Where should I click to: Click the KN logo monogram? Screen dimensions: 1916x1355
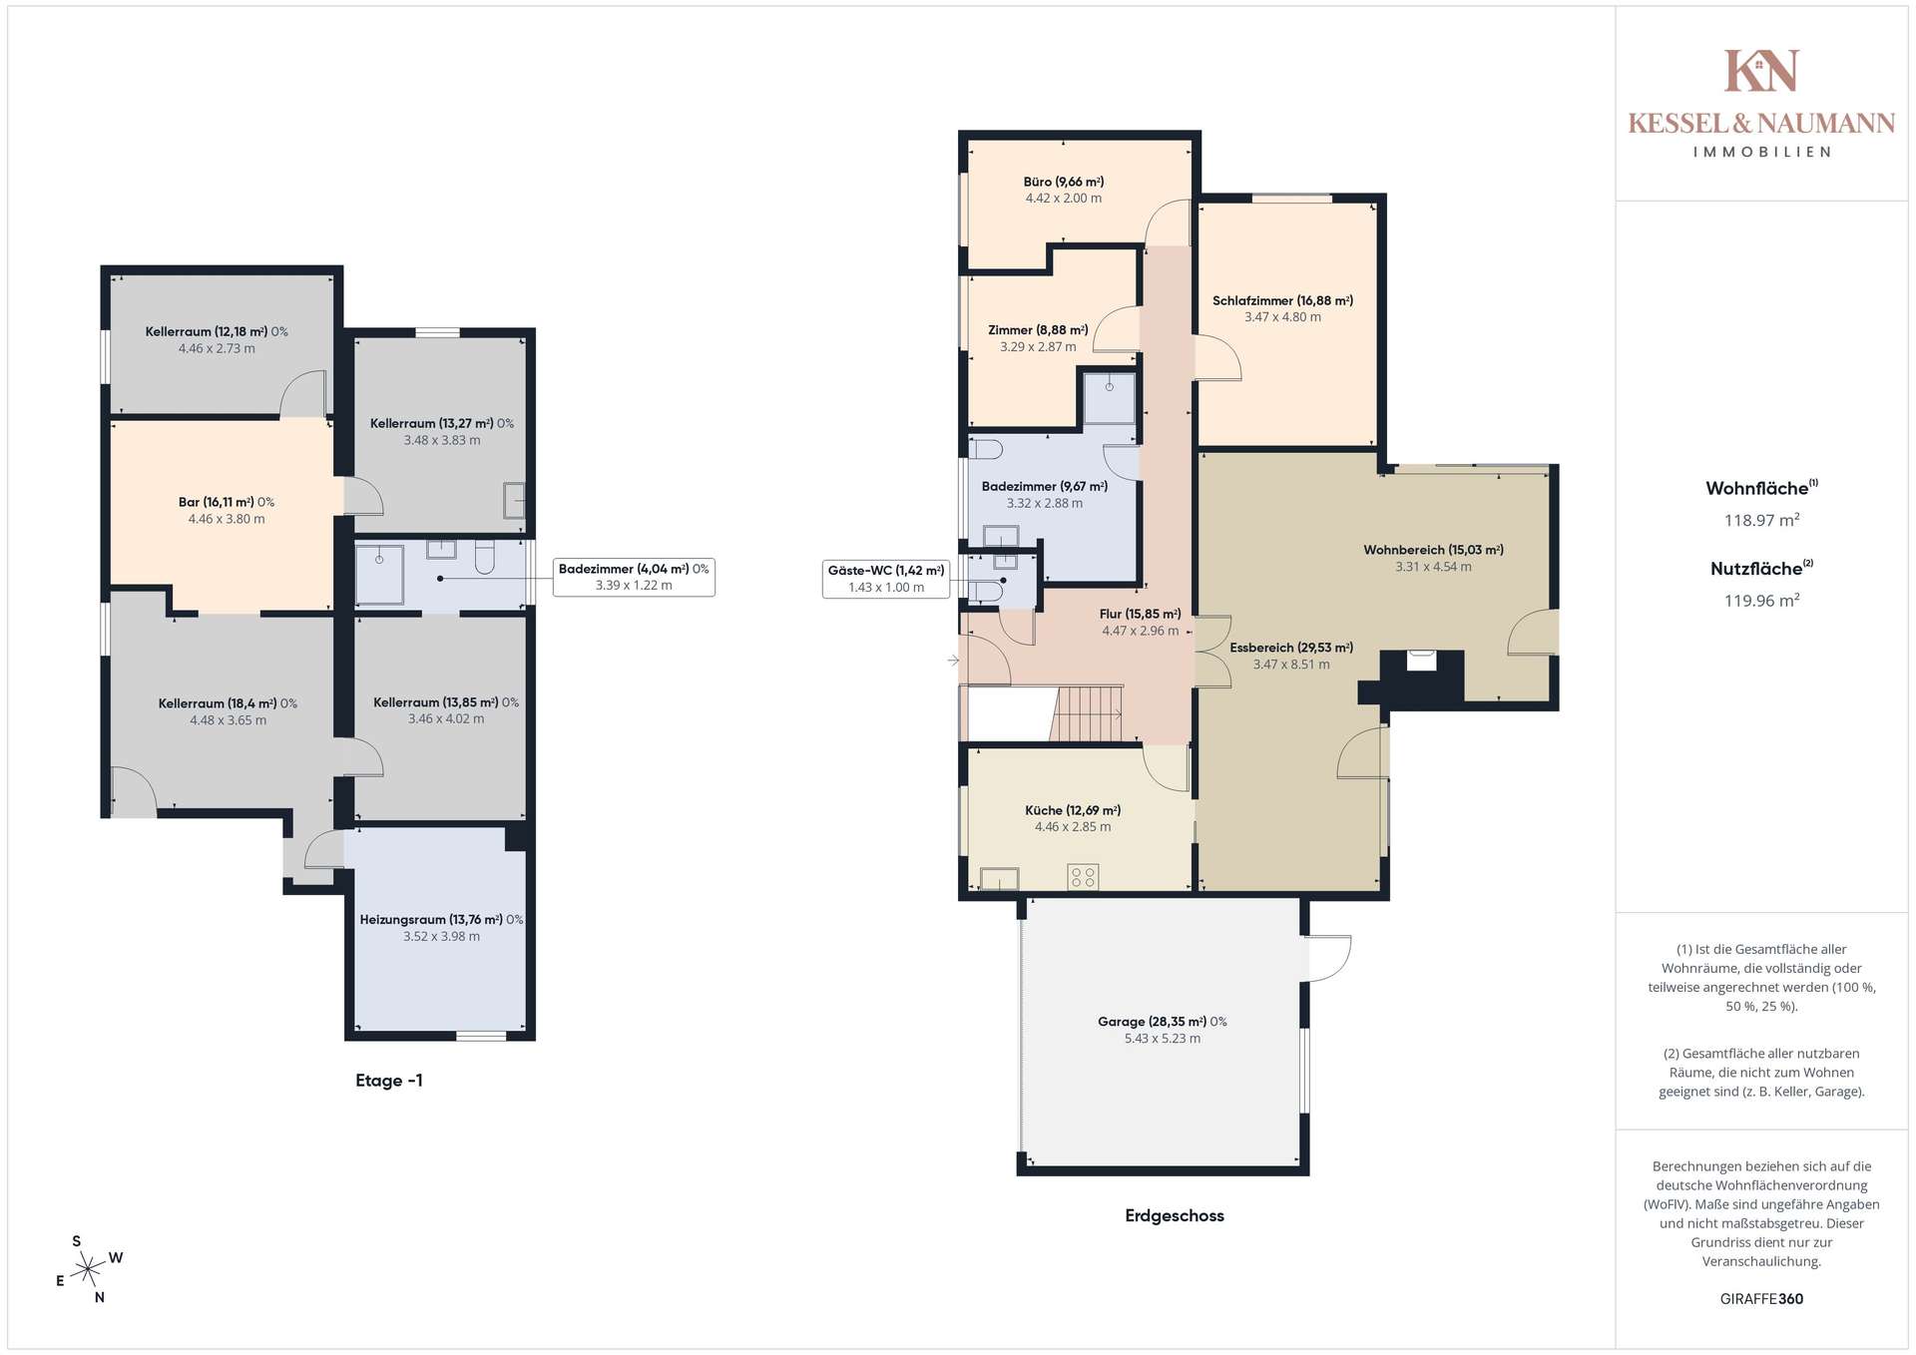[x=1761, y=71]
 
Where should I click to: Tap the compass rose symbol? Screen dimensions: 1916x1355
[x=89, y=1269]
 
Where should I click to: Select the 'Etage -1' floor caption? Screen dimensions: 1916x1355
[x=389, y=1081]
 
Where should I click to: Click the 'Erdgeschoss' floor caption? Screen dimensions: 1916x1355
[x=1175, y=1215]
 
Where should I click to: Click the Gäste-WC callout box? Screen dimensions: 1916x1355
[x=886, y=579]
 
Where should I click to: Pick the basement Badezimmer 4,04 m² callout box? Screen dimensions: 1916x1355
[x=634, y=577]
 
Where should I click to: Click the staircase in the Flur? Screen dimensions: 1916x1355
[x=1087, y=713]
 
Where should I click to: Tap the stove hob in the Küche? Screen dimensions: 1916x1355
[x=1083, y=877]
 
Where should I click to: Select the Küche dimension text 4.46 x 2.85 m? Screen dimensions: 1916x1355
[x=1073, y=827]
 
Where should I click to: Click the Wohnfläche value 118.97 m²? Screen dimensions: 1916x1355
[x=1762, y=520]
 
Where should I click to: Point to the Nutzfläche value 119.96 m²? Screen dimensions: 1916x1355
[x=1762, y=601]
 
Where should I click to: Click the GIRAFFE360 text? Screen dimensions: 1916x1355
[x=1762, y=1299]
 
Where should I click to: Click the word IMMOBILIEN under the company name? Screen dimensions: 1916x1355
[x=1762, y=152]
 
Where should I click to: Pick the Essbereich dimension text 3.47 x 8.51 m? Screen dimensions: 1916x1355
[x=1291, y=665]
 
